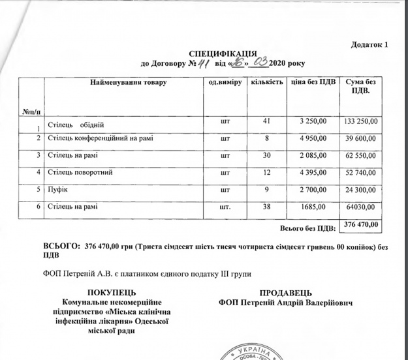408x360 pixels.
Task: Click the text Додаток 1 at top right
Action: (369, 44)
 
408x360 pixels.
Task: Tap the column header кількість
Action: (266, 83)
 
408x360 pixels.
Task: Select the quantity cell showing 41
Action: (266, 121)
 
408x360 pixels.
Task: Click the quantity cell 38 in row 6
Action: (266, 207)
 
